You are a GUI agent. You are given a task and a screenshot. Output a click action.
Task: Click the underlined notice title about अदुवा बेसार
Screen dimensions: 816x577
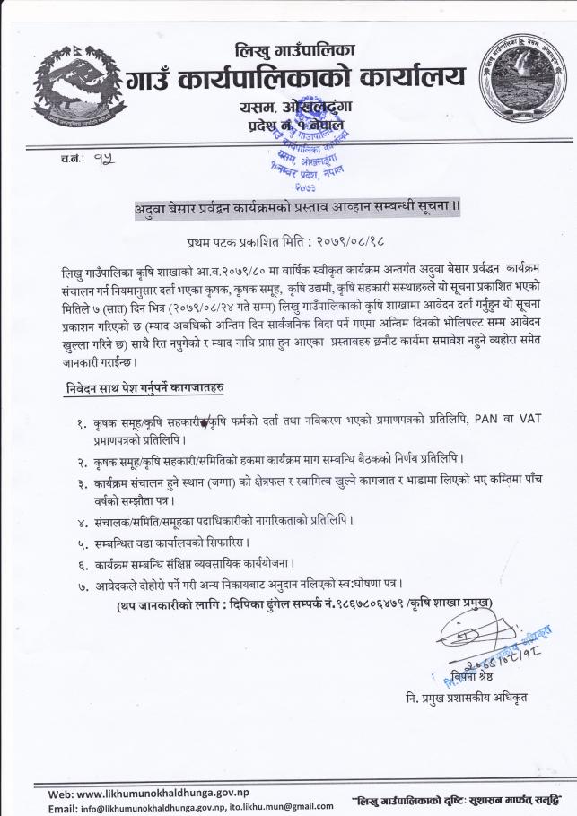(x=291, y=208)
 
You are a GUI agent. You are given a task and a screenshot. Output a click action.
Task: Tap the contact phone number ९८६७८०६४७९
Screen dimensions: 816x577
(x=363, y=604)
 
